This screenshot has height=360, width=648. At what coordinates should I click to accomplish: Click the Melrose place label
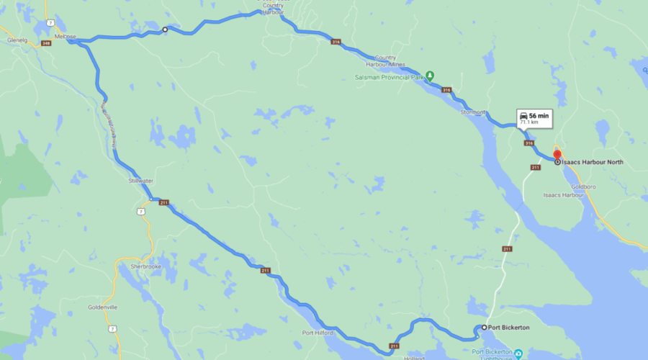[64, 35]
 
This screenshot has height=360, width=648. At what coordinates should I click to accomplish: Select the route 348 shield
[46, 43]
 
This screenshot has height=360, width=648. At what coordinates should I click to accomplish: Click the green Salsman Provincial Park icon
[430, 75]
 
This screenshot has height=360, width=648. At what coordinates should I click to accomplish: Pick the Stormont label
[473, 112]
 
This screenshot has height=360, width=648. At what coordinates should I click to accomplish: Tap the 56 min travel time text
[539, 116]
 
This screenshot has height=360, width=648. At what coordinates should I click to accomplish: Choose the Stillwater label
[141, 179]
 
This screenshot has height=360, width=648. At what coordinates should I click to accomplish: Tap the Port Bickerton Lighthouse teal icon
[518, 354]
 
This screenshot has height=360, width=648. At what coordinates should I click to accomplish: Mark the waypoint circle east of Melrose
[165, 30]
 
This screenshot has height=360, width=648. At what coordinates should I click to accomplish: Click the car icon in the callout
[523, 116]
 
